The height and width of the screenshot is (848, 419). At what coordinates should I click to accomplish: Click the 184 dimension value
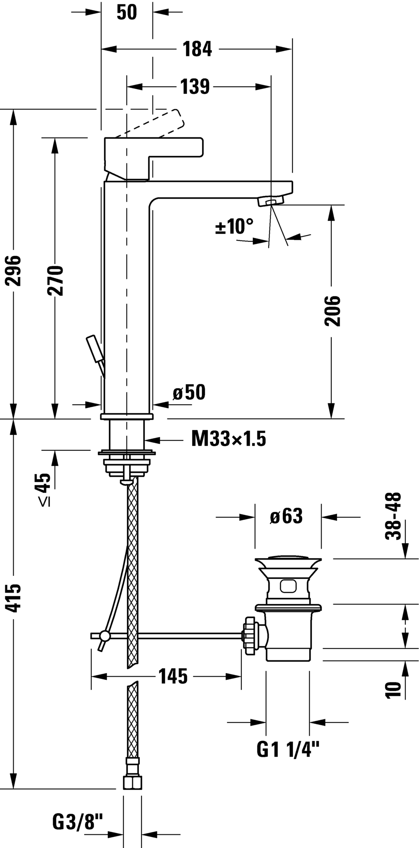point(197,49)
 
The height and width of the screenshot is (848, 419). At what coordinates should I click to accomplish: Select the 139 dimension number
point(195,87)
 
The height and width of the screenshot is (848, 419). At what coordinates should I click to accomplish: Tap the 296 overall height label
point(15,270)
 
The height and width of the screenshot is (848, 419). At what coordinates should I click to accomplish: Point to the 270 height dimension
point(56,280)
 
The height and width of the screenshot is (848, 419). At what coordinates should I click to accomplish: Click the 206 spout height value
point(332,311)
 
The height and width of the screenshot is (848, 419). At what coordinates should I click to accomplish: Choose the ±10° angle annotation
point(234,227)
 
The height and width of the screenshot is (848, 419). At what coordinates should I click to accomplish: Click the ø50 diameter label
point(189,392)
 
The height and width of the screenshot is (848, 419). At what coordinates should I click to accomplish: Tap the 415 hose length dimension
point(15,597)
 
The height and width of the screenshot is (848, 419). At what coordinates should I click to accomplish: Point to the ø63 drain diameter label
point(286,516)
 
